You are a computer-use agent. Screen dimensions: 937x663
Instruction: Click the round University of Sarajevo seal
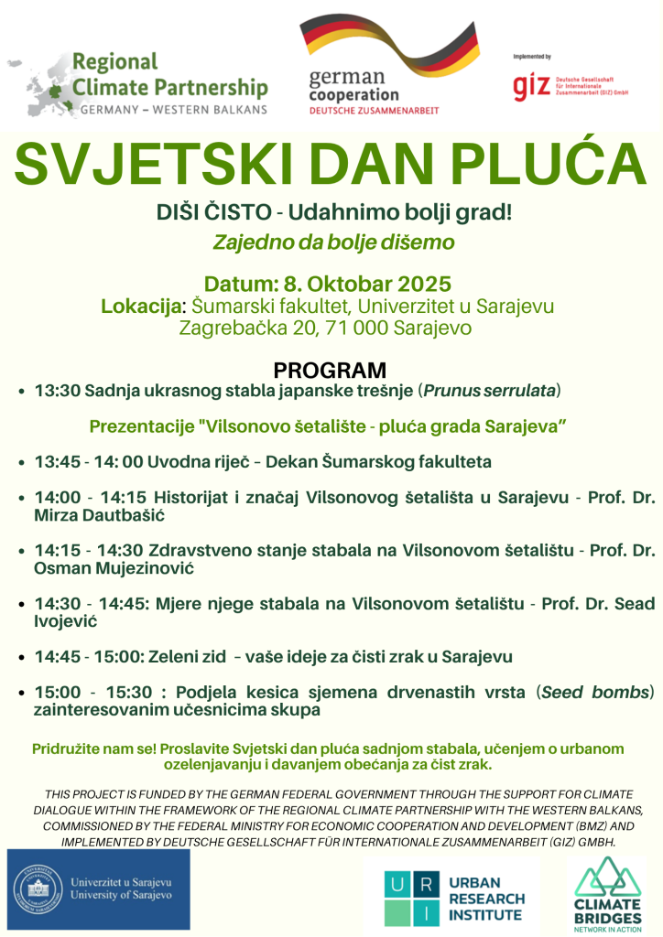coord(39,889)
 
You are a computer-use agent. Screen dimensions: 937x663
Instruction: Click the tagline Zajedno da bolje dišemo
coord(333,242)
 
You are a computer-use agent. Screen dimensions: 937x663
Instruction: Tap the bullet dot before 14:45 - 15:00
coord(21,657)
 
